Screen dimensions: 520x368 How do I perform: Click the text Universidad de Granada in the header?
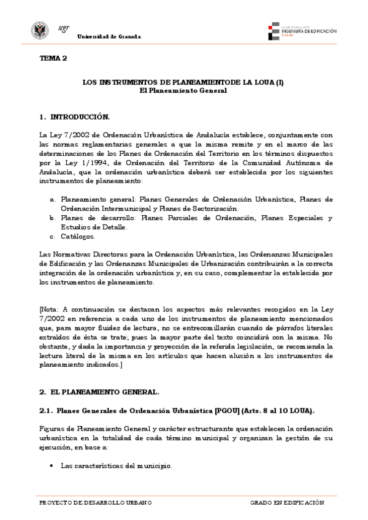[x=109, y=37]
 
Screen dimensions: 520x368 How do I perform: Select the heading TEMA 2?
[x=53, y=59]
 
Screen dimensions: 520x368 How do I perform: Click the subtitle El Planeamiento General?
[x=183, y=90]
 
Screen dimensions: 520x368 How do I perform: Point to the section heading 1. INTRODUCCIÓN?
[x=74, y=117]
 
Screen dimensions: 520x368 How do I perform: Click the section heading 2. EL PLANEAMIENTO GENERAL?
[x=99, y=391]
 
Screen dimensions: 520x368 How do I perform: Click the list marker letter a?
[x=53, y=199]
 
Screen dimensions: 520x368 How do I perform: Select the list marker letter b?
[x=53, y=218]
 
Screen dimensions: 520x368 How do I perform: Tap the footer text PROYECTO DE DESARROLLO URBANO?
[x=94, y=503]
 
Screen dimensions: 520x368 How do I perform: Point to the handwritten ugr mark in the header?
[x=63, y=29]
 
